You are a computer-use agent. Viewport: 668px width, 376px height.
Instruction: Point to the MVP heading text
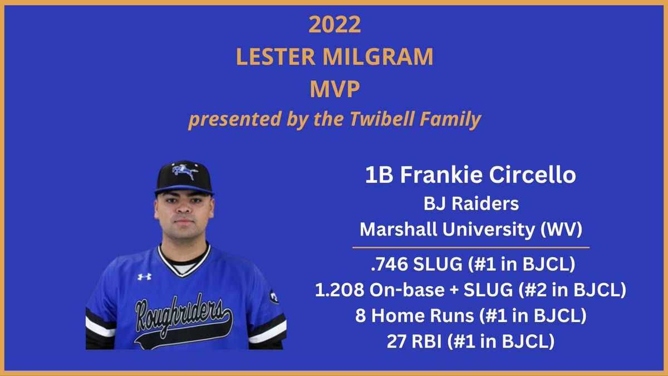pos(334,89)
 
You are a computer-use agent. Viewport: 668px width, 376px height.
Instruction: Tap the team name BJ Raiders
pos(471,204)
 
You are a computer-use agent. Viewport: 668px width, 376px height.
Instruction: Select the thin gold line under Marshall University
pos(471,246)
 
